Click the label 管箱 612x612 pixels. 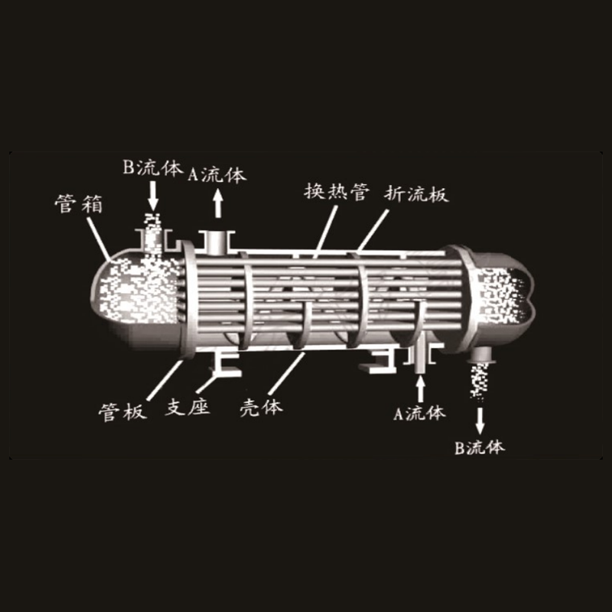(79, 203)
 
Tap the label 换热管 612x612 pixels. (337, 191)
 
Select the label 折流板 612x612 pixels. (416, 194)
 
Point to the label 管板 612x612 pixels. (122, 412)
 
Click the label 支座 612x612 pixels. (187, 407)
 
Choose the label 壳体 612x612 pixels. (261, 408)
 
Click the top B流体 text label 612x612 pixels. (152, 168)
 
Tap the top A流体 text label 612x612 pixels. (217, 174)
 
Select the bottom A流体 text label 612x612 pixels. (419, 413)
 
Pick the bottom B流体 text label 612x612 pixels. (480, 448)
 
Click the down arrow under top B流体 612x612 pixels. (153, 196)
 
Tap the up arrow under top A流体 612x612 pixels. (218, 203)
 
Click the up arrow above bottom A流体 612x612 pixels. (420, 389)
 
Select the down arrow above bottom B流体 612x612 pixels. (480, 421)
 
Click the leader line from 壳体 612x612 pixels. (287, 373)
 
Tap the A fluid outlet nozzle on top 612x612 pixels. (216, 243)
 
